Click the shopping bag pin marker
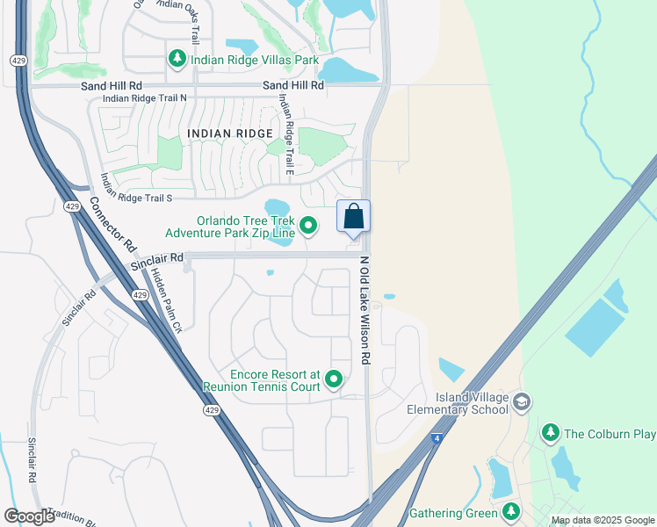(353, 217)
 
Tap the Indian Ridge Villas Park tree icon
(177, 60)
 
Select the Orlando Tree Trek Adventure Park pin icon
(308, 227)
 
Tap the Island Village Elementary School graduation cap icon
(522, 402)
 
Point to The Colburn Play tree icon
(551, 433)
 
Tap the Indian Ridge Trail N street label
(145, 98)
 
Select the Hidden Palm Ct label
(165, 301)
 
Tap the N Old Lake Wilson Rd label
(365, 312)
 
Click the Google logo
(29, 516)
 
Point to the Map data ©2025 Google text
(602, 520)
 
